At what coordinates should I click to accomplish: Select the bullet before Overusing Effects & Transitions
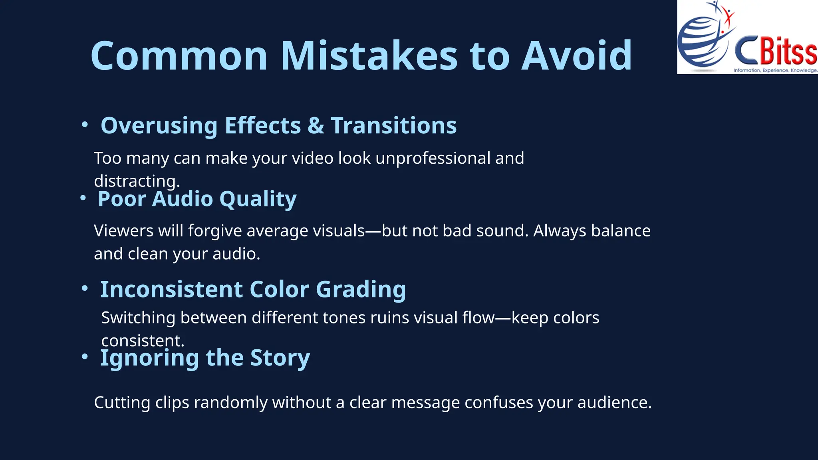click(85, 125)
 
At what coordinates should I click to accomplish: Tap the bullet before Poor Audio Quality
click(83, 198)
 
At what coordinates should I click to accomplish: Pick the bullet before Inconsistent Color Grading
click(85, 288)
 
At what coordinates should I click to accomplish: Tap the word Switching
click(138, 318)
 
